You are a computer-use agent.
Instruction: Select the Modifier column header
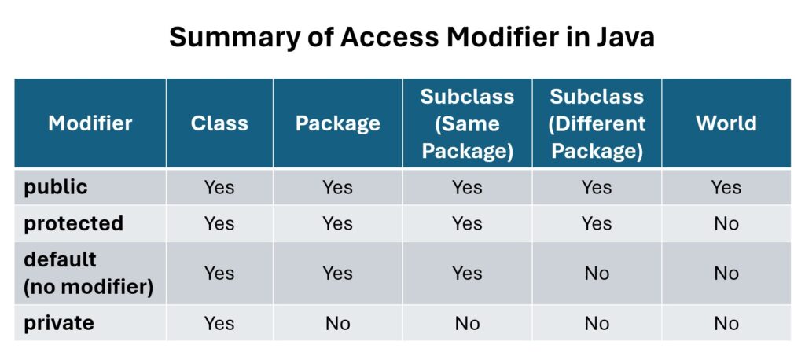pos(90,123)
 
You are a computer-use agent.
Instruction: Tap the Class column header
pos(220,123)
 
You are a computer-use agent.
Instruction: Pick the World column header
pos(726,123)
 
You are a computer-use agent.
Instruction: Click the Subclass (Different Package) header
pos(597,123)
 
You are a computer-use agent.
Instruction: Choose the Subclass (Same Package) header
pos(467,123)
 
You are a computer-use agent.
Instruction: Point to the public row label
pos(56,187)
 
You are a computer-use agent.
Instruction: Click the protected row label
pos(73,224)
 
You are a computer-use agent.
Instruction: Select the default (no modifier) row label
pos(88,274)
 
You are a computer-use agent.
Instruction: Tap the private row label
pos(59,324)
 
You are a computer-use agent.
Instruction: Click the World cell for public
pos(726,187)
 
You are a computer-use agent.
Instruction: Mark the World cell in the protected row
pos(726,224)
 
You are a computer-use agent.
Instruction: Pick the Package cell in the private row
pos(338,324)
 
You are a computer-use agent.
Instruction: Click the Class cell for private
pos(220,324)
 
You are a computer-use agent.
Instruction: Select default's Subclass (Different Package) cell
pos(597,274)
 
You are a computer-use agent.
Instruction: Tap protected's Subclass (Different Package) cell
pos(597,224)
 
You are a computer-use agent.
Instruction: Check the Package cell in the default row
pos(338,274)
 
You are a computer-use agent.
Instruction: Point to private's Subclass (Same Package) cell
pos(467,324)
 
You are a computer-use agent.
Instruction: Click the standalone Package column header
pos(338,123)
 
